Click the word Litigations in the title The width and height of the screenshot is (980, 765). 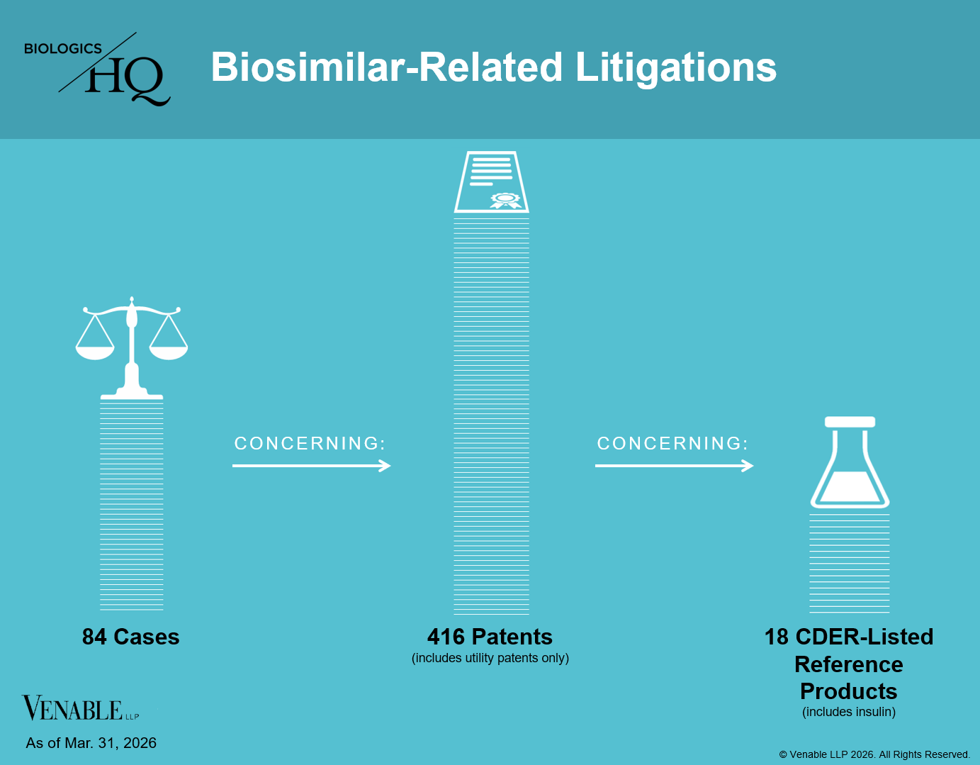point(675,68)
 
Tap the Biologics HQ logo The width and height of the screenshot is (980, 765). point(97,69)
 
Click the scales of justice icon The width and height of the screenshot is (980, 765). point(131,348)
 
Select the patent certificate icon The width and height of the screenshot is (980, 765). point(491,182)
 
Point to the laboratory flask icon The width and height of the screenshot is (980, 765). point(850,462)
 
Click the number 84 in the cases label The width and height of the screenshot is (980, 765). point(94,637)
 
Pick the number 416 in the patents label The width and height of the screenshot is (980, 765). point(446,637)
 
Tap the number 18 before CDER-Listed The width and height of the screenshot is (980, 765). point(776,637)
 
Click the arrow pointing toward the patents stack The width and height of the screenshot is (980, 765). point(311,466)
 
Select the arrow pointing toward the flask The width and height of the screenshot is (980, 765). point(674,466)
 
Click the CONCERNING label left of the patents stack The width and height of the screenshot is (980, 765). point(310,443)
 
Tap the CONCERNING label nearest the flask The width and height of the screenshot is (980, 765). point(672,443)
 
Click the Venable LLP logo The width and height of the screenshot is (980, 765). point(80,708)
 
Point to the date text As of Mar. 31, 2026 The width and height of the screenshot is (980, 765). point(91,743)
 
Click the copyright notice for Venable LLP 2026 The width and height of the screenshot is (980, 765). point(874,754)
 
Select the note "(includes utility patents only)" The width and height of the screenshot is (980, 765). point(490,658)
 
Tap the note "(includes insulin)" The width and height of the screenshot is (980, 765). point(849,712)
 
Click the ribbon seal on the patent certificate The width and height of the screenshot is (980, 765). point(505,200)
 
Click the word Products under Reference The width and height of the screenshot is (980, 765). point(849,691)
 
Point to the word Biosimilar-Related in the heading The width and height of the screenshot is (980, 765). point(386,67)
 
